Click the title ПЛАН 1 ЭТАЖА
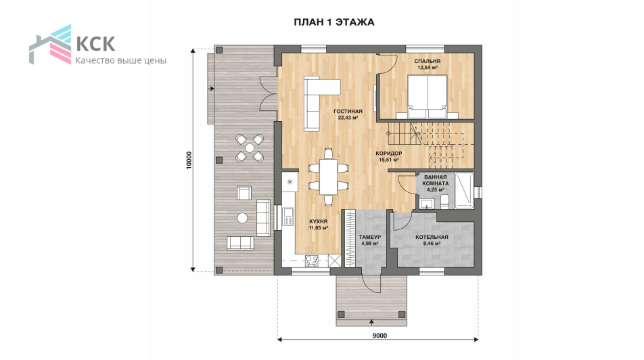tap(334, 22)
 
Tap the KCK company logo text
tap(95, 43)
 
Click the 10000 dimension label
tap(189, 160)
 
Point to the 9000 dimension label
tap(379, 336)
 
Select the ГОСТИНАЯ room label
tap(348, 111)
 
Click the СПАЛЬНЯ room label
tap(427, 61)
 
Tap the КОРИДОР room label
tap(389, 154)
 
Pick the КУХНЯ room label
tap(319, 221)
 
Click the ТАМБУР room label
tap(369, 237)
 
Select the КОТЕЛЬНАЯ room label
tap(432, 237)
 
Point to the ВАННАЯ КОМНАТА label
tap(436, 181)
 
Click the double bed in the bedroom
tap(427, 97)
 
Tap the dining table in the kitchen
tap(328, 177)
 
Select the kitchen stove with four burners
tap(312, 261)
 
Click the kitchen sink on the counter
tap(288, 217)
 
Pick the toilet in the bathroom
tap(444, 202)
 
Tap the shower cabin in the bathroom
tap(464, 191)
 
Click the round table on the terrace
tap(243, 217)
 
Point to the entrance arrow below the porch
tap(371, 322)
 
